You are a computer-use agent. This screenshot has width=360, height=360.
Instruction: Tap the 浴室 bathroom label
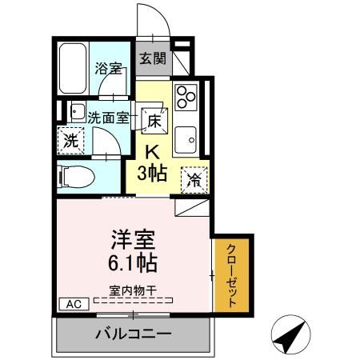point(109,69)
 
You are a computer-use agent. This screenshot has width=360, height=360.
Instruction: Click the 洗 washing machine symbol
point(70,141)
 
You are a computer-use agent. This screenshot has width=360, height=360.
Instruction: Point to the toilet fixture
point(78,175)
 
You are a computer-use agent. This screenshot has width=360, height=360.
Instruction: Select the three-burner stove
point(186,97)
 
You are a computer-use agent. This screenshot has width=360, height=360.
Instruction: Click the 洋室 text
point(130,238)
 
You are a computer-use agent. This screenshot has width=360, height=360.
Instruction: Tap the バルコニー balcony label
point(133,333)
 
